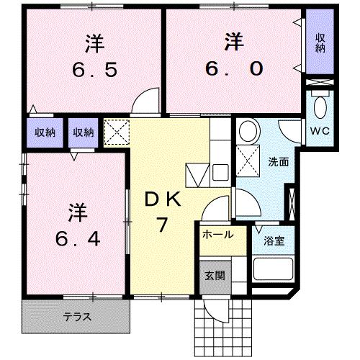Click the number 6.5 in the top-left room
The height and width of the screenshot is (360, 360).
click(x=94, y=71)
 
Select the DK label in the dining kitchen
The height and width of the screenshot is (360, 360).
click(x=164, y=201)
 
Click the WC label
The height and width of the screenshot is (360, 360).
click(x=320, y=131)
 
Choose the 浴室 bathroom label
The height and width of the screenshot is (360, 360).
click(x=275, y=241)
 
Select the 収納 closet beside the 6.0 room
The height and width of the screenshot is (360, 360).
click(x=320, y=44)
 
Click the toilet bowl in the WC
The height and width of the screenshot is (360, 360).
click(x=321, y=109)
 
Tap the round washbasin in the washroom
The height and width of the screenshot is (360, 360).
click(x=248, y=132)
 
